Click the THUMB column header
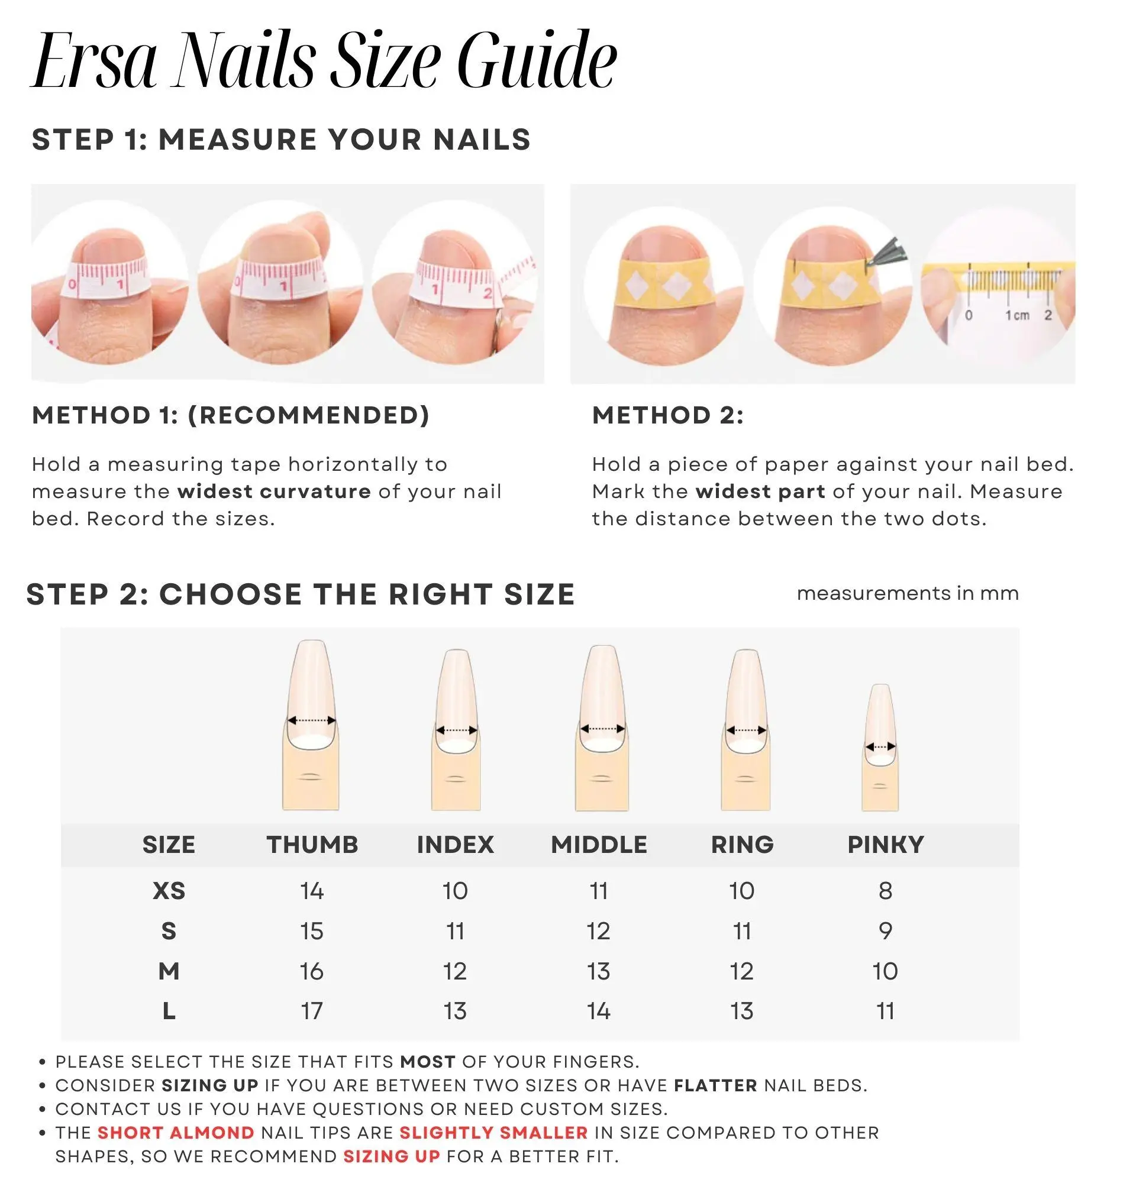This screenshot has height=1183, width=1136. click(x=312, y=845)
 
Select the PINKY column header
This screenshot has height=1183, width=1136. click(x=886, y=845)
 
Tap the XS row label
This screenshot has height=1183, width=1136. click(x=169, y=891)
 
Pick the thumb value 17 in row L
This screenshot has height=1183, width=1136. click(x=312, y=1010)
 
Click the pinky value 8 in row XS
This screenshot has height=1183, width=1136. click(x=886, y=891)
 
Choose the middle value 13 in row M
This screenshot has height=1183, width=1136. click(x=599, y=971)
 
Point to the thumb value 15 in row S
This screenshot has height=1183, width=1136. click(x=312, y=930)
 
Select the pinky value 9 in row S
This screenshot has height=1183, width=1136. click(x=886, y=930)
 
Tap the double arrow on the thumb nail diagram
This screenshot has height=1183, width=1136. click(x=311, y=720)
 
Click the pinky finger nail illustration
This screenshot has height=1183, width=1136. click(x=880, y=747)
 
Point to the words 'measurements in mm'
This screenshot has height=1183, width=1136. click(x=908, y=593)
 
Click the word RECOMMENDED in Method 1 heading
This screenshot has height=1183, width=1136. click(x=308, y=415)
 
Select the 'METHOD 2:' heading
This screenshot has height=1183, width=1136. click(x=667, y=415)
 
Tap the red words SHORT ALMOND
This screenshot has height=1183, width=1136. click(x=176, y=1132)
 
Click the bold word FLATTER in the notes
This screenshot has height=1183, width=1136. click(x=715, y=1085)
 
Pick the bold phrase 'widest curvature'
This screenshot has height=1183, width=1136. click(x=274, y=492)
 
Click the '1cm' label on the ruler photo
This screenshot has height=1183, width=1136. click(x=1017, y=315)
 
